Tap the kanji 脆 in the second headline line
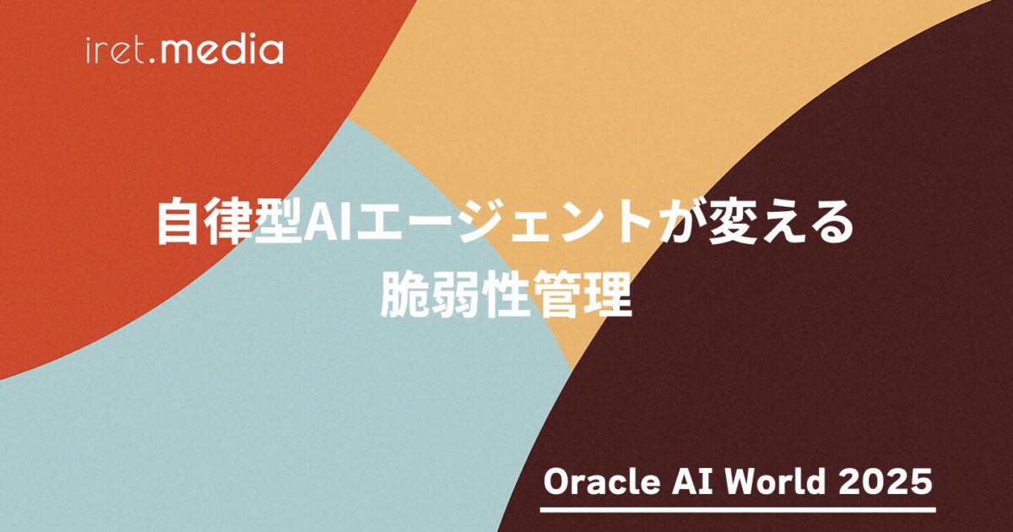[404, 294]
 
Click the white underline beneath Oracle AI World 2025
[738, 510]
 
